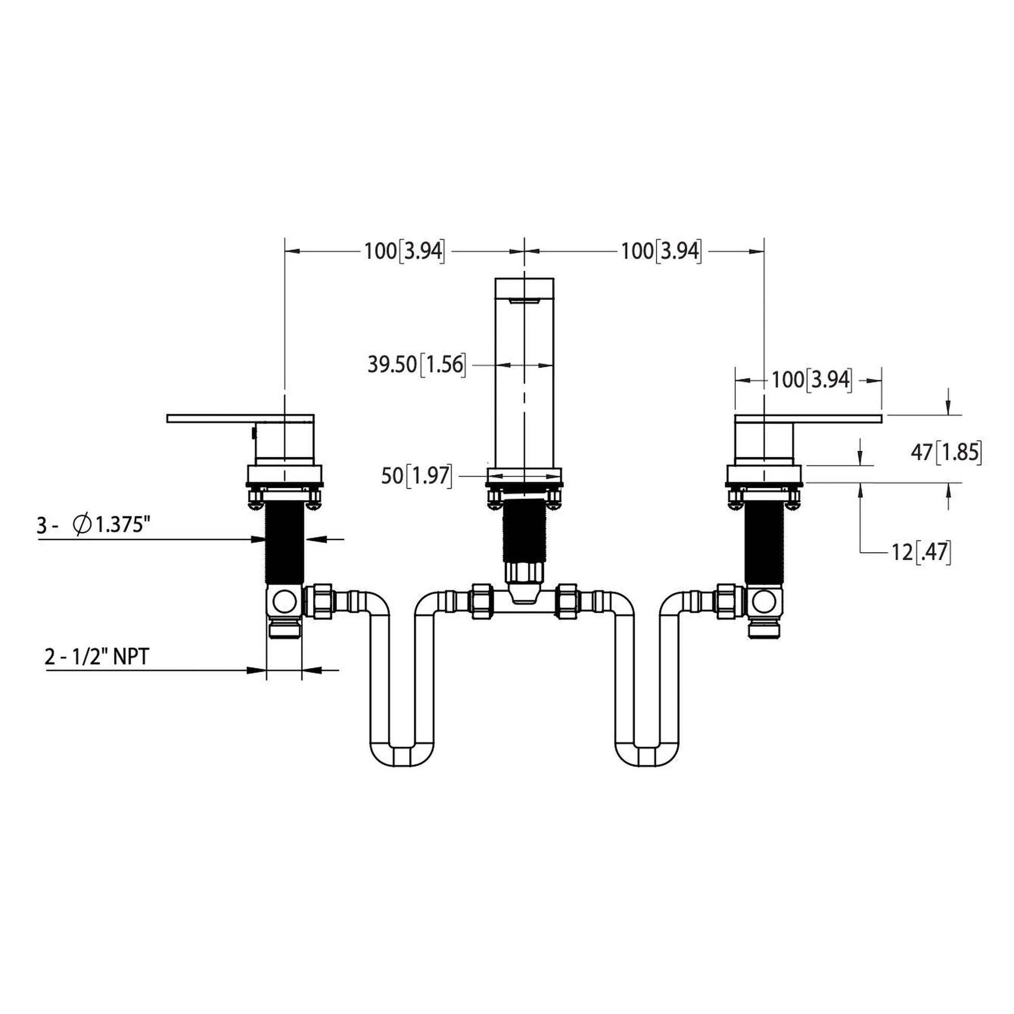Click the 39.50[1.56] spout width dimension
click(416, 365)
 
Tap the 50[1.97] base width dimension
click(416, 476)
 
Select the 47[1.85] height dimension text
click(945, 452)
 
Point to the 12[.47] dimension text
click(921, 552)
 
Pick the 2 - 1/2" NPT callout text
click(97, 657)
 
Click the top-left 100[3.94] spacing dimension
click(404, 251)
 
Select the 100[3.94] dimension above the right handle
click(811, 379)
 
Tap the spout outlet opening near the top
click(525, 300)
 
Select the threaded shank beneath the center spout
click(525, 530)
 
